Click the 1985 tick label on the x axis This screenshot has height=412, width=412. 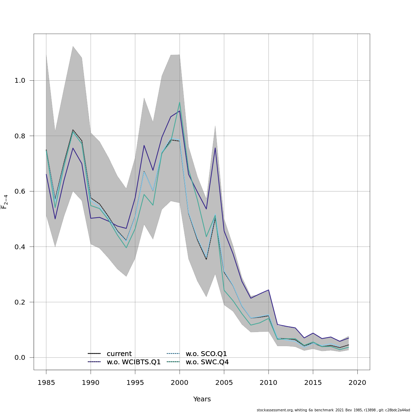tap(46, 382)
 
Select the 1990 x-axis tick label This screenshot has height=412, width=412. tap(91, 382)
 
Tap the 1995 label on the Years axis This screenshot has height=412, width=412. tap(135, 382)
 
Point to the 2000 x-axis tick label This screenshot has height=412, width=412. tap(180, 382)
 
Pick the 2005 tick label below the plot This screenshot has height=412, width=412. tap(224, 382)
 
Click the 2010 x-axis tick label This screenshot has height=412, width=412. tap(268, 382)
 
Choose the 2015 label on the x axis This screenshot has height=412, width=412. tap(313, 382)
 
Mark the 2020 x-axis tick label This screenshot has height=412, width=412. tap(357, 382)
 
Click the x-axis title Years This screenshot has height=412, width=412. tap(202, 399)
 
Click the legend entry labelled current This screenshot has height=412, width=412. tap(119, 354)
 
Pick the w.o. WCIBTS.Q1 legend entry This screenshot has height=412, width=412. tap(134, 362)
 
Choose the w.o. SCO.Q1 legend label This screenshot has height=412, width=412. tap(206, 354)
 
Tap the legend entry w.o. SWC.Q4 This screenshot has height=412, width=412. tap(207, 362)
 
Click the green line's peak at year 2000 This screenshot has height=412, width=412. tap(180, 102)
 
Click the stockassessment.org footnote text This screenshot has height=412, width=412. tap(333, 410)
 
